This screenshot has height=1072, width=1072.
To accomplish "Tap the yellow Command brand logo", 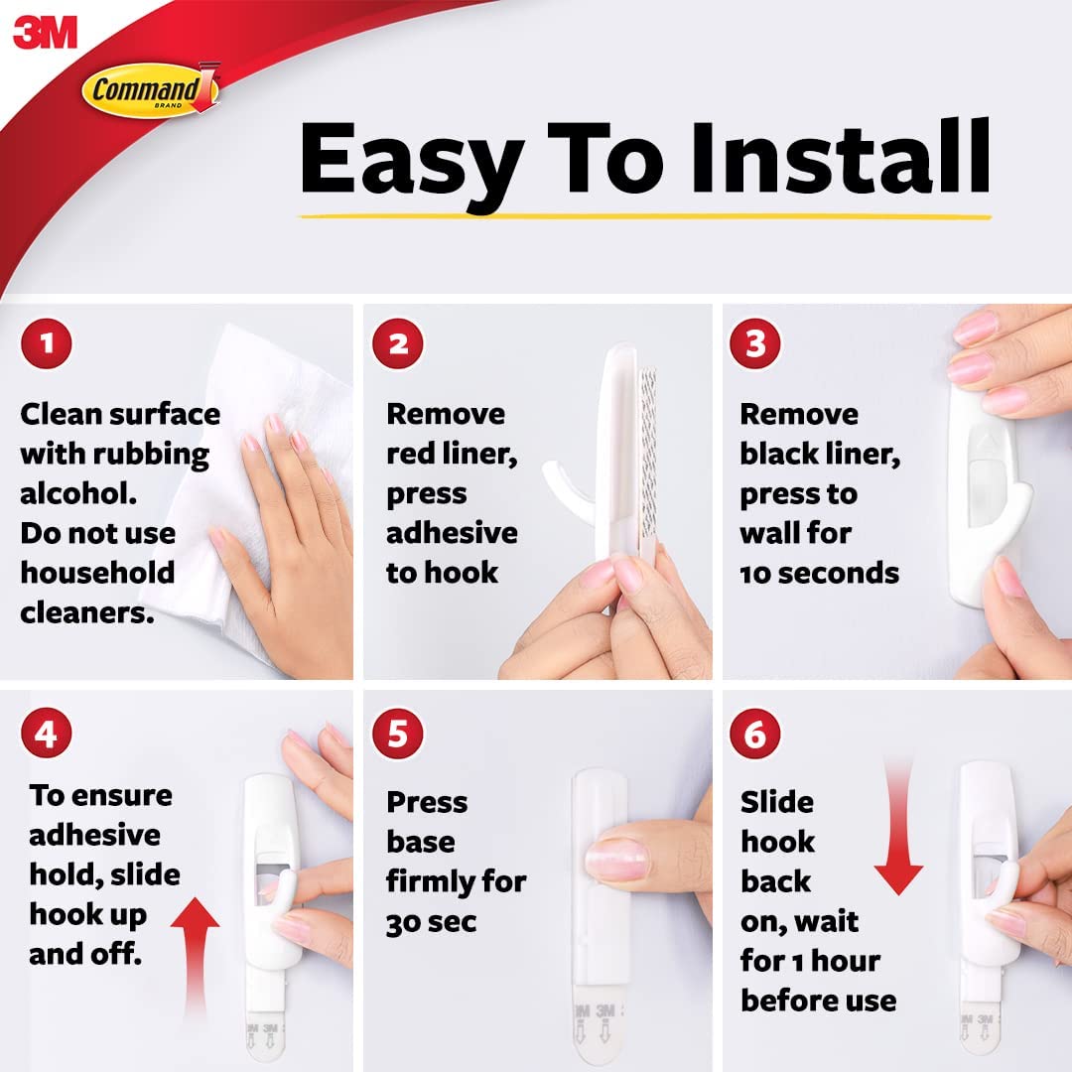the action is tap(151, 89).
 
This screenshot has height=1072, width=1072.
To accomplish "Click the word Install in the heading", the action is tap(840, 157).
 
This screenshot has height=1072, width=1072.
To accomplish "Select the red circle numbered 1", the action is tap(47, 343).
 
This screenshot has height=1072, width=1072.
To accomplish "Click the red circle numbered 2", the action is tap(398, 343).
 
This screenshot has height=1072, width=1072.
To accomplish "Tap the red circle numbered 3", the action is tap(755, 343).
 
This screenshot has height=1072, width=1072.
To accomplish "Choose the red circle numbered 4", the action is tap(47, 734).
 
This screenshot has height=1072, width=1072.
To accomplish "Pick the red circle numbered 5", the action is tap(398, 734).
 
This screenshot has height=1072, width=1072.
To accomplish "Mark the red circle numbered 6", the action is tap(755, 734).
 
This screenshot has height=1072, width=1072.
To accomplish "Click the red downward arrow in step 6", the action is tap(898, 826).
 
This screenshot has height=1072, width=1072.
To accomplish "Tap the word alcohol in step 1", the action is tap(78, 493).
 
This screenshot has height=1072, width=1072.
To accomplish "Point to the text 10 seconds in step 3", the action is tap(819, 573).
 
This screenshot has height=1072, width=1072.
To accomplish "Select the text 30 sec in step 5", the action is tap(431, 922).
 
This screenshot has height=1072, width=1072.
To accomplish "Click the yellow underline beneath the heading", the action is tap(645, 216).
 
